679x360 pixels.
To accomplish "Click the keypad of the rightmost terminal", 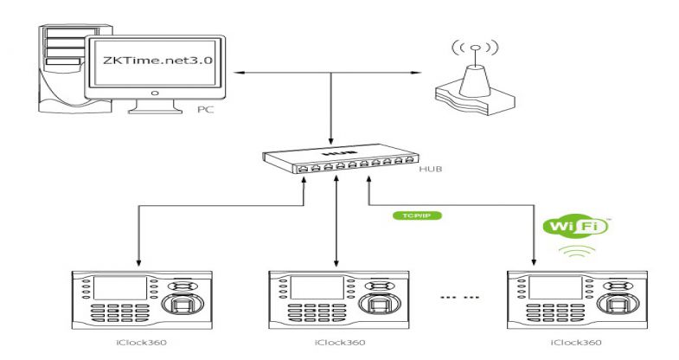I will (x=543, y=313).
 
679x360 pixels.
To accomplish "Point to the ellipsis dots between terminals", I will (x=458, y=298).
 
